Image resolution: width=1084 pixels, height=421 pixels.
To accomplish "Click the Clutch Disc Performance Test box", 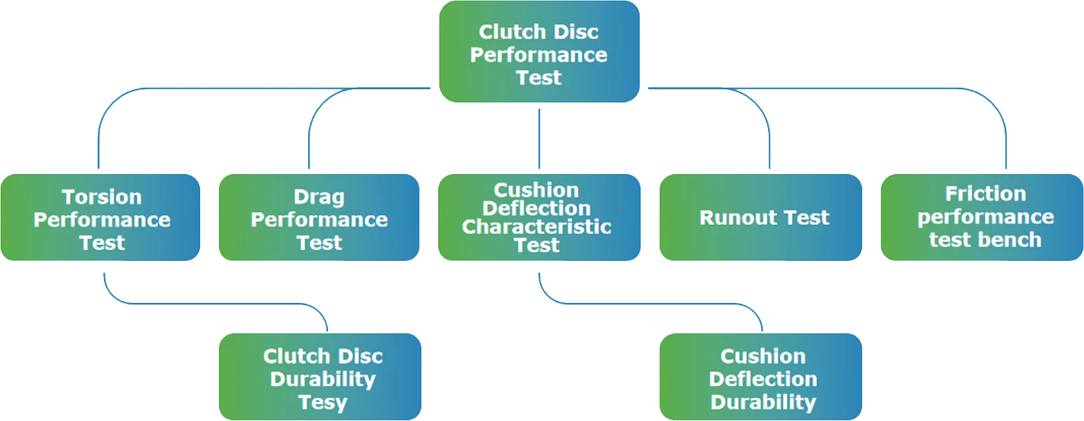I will coord(538,53).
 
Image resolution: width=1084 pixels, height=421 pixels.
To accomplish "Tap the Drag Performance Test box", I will coord(319,218).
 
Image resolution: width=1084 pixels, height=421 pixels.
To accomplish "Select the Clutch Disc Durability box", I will coord(320,377).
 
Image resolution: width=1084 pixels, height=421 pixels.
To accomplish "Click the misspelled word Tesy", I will coord(322,402).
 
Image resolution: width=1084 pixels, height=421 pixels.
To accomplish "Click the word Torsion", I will coord(102,196).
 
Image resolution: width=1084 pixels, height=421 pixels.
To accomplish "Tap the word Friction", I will coord(985,194).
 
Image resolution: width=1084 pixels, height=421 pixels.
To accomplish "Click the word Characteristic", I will coord(537,227).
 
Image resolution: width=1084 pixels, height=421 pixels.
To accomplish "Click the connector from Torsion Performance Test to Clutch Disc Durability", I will coord(211,304).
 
